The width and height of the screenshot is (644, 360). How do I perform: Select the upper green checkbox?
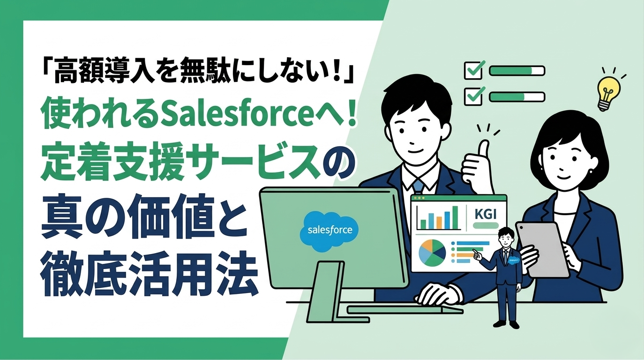pos(473,70)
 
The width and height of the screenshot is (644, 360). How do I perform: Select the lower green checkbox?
pos(473,96)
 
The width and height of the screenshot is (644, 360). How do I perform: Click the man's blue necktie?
pos(419,187)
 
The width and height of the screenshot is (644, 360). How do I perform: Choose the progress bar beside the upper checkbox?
pos(517,71)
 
